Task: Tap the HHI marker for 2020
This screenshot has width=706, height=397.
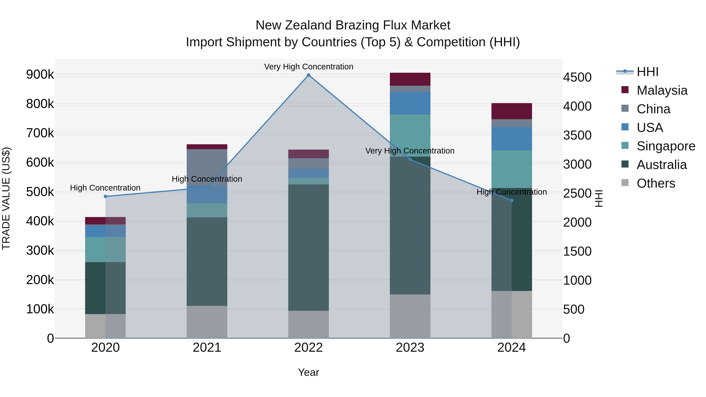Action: pyautogui.click(x=106, y=196)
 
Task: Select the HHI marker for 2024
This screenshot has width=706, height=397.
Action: pyautogui.click(x=511, y=201)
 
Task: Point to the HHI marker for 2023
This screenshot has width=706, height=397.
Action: pyautogui.click(x=410, y=159)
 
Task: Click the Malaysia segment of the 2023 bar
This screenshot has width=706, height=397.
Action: pyautogui.click(x=410, y=79)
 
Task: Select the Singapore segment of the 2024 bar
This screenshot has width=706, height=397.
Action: pyautogui.click(x=511, y=169)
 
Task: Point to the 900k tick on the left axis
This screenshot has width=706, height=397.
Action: pyautogui.click(x=40, y=74)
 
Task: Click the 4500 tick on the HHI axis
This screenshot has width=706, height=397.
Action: pyautogui.click(x=577, y=77)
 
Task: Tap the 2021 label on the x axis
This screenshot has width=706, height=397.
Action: pyautogui.click(x=207, y=348)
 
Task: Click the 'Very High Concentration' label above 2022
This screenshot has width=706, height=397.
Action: pyautogui.click(x=309, y=67)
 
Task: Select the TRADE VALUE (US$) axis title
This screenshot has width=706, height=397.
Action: pyautogui.click(x=6, y=198)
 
